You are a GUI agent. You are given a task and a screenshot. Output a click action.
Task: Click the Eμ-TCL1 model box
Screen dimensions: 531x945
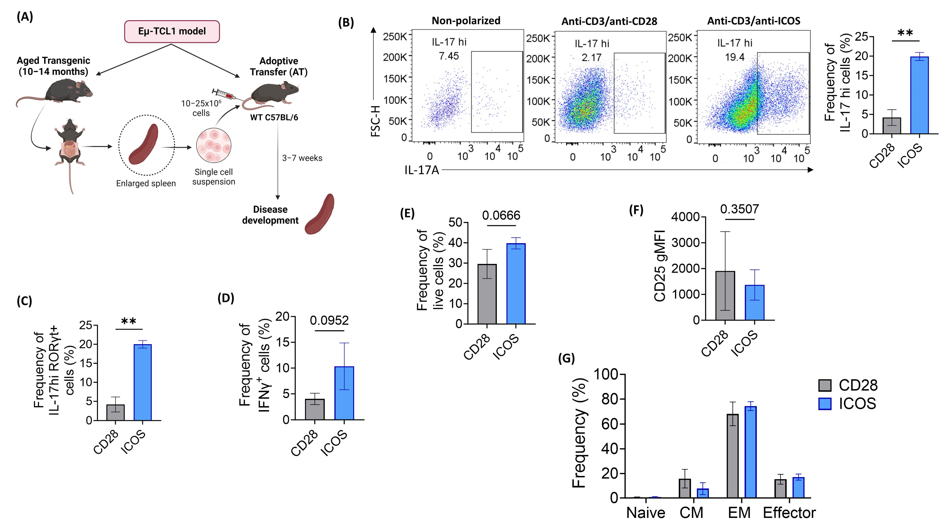click(172, 31)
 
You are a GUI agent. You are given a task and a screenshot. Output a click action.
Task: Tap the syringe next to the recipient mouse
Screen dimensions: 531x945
click(225, 95)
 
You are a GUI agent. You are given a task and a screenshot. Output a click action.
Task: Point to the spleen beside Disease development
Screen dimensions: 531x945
click(319, 214)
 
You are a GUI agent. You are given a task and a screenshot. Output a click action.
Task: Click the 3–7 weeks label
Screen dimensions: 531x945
click(302, 158)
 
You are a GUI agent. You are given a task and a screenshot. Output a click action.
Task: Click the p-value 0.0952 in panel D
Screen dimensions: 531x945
click(329, 320)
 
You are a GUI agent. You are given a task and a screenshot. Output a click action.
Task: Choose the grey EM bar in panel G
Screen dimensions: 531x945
click(733, 455)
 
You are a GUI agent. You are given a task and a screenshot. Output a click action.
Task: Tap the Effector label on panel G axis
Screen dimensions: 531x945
click(789, 513)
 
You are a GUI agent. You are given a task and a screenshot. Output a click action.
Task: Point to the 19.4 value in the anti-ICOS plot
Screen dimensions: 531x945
click(734, 57)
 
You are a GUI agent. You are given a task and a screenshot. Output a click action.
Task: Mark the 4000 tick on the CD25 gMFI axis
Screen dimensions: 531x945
click(685, 217)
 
